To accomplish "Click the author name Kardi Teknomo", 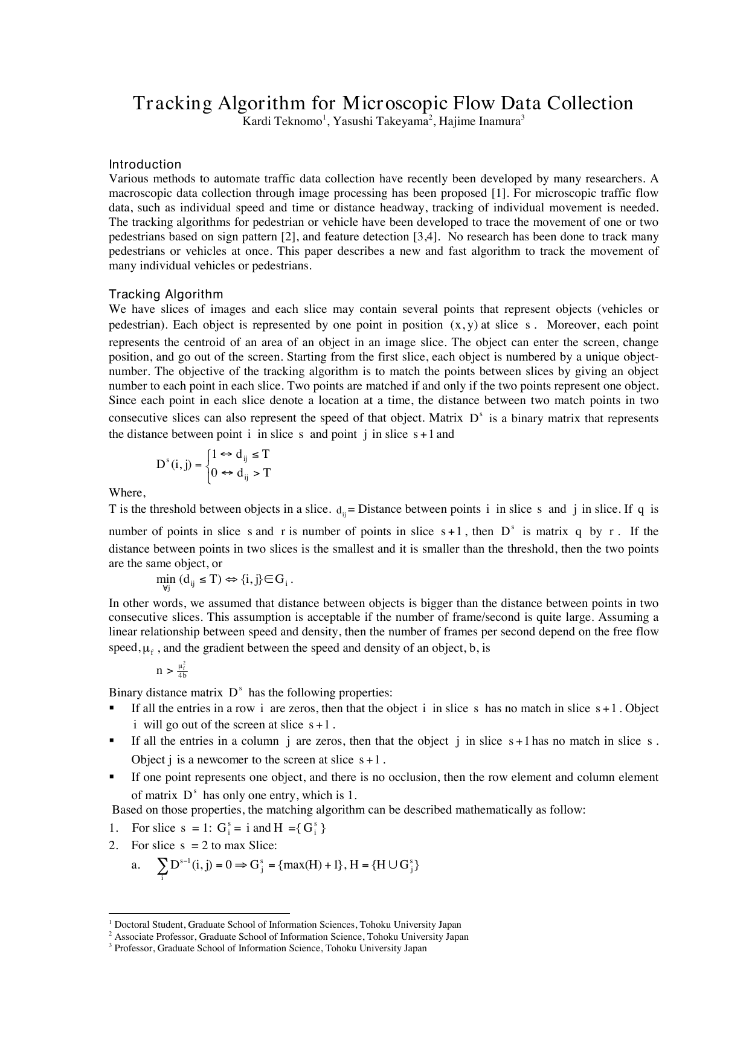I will [x=281, y=122].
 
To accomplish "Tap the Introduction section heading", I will [x=145, y=164].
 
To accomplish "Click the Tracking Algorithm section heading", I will [x=166, y=294].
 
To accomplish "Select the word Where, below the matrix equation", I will [x=127, y=492].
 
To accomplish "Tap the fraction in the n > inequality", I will [x=182, y=670].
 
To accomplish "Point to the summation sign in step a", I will [x=162, y=867].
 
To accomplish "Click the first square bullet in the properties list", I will [x=112, y=708].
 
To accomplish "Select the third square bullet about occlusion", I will [x=112, y=777].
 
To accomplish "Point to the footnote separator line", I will [x=199, y=914].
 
